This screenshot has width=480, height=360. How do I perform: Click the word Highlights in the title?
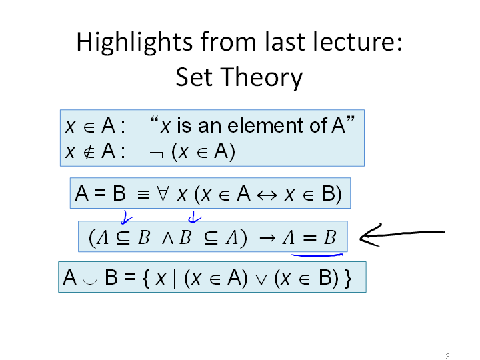pyautogui.click(x=135, y=43)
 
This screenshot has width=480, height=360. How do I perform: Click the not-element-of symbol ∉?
pyautogui.click(x=89, y=152)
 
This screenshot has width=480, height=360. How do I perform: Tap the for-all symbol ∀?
pyautogui.click(x=162, y=194)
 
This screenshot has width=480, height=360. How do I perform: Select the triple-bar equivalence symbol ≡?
pyautogui.click(x=143, y=195)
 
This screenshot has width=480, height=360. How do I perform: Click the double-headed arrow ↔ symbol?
pyautogui.click(x=267, y=195)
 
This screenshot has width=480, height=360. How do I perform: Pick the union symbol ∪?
pyautogui.click(x=90, y=278)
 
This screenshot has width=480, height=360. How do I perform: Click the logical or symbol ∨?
pyautogui.click(x=261, y=280)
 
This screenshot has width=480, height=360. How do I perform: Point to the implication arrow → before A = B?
pyautogui.click(x=267, y=238)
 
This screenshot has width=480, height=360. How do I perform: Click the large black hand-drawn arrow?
pyautogui.click(x=401, y=234)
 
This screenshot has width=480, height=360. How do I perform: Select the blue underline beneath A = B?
pyautogui.click(x=317, y=255)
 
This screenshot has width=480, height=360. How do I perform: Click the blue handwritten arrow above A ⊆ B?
pyautogui.click(x=126, y=217)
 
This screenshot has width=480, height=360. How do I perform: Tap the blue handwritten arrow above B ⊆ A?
pyautogui.click(x=195, y=217)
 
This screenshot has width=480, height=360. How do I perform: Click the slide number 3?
pyautogui.click(x=447, y=356)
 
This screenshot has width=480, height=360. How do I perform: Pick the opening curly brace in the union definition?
pyautogui.click(x=146, y=278)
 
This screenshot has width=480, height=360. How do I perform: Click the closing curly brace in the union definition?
pyautogui.click(x=348, y=278)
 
